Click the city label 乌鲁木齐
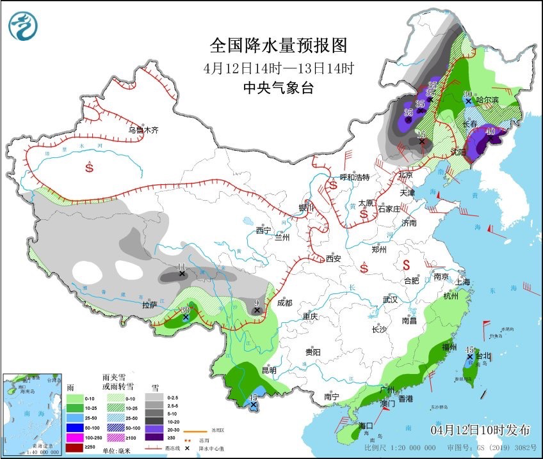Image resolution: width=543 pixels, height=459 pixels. pyautogui.click(x=142, y=130)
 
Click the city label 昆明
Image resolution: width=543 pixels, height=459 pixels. pyautogui.click(x=268, y=370)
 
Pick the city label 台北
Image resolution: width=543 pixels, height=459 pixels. pyautogui.click(x=482, y=356)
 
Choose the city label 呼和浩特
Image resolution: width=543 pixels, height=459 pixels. pyautogui.click(x=354, y=177)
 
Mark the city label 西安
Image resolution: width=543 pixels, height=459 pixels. pyautogui.click(x=334, y=259)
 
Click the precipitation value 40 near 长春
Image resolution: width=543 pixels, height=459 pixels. pyautogui.click(x=490, y=132)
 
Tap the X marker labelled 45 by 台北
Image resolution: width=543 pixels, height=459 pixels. pyautogui.click(x=469, y=357)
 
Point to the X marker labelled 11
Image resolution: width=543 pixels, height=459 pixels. pyautogui.click(x=182, y=274)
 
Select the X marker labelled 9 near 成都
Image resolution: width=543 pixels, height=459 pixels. pyautogui.click(x=257, y=310)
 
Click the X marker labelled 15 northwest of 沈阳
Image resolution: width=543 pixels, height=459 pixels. pyautogui.click(x=421, y=141)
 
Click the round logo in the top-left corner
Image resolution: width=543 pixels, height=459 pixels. pyautogui.click(x=23, y=26)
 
